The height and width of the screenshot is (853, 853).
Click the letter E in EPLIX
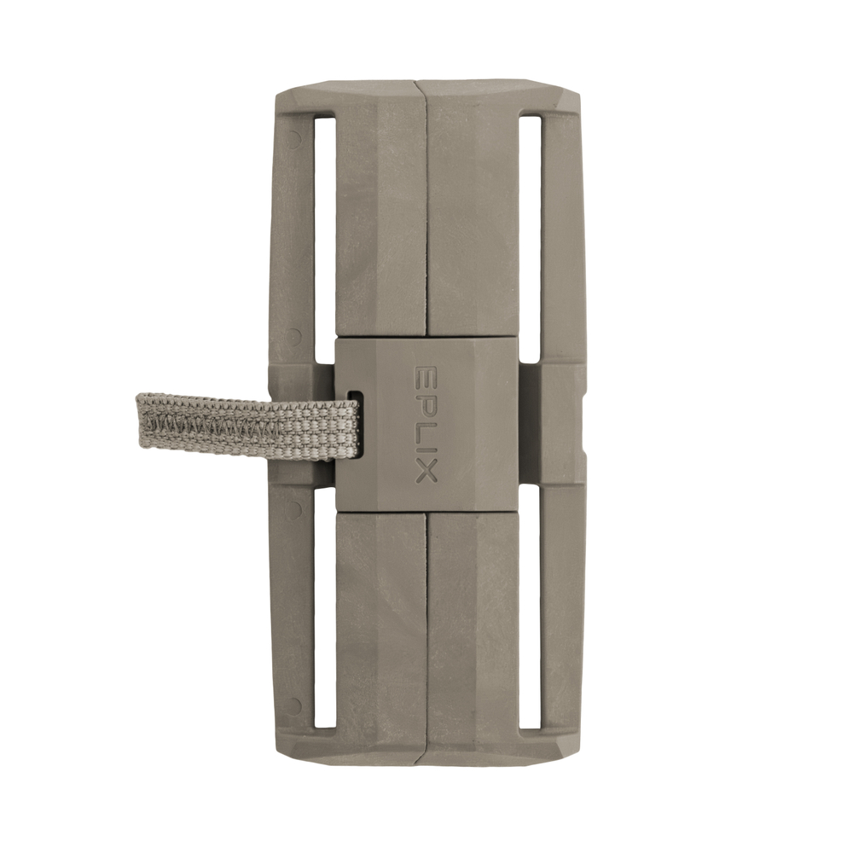(x=426, y=375)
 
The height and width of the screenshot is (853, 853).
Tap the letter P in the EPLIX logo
(x=426, y=398)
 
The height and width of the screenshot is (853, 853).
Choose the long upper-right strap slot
(x=531, y=236)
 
